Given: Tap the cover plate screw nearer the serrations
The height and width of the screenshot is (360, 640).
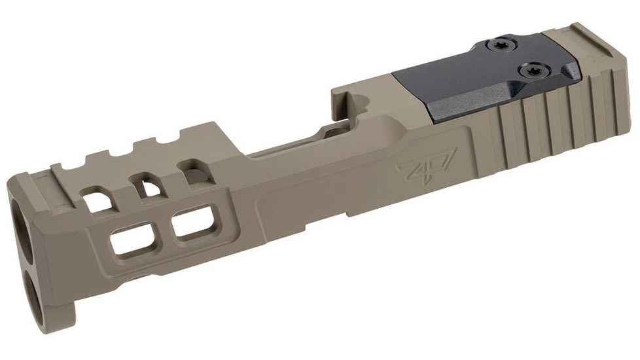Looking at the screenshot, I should (529, 69).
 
